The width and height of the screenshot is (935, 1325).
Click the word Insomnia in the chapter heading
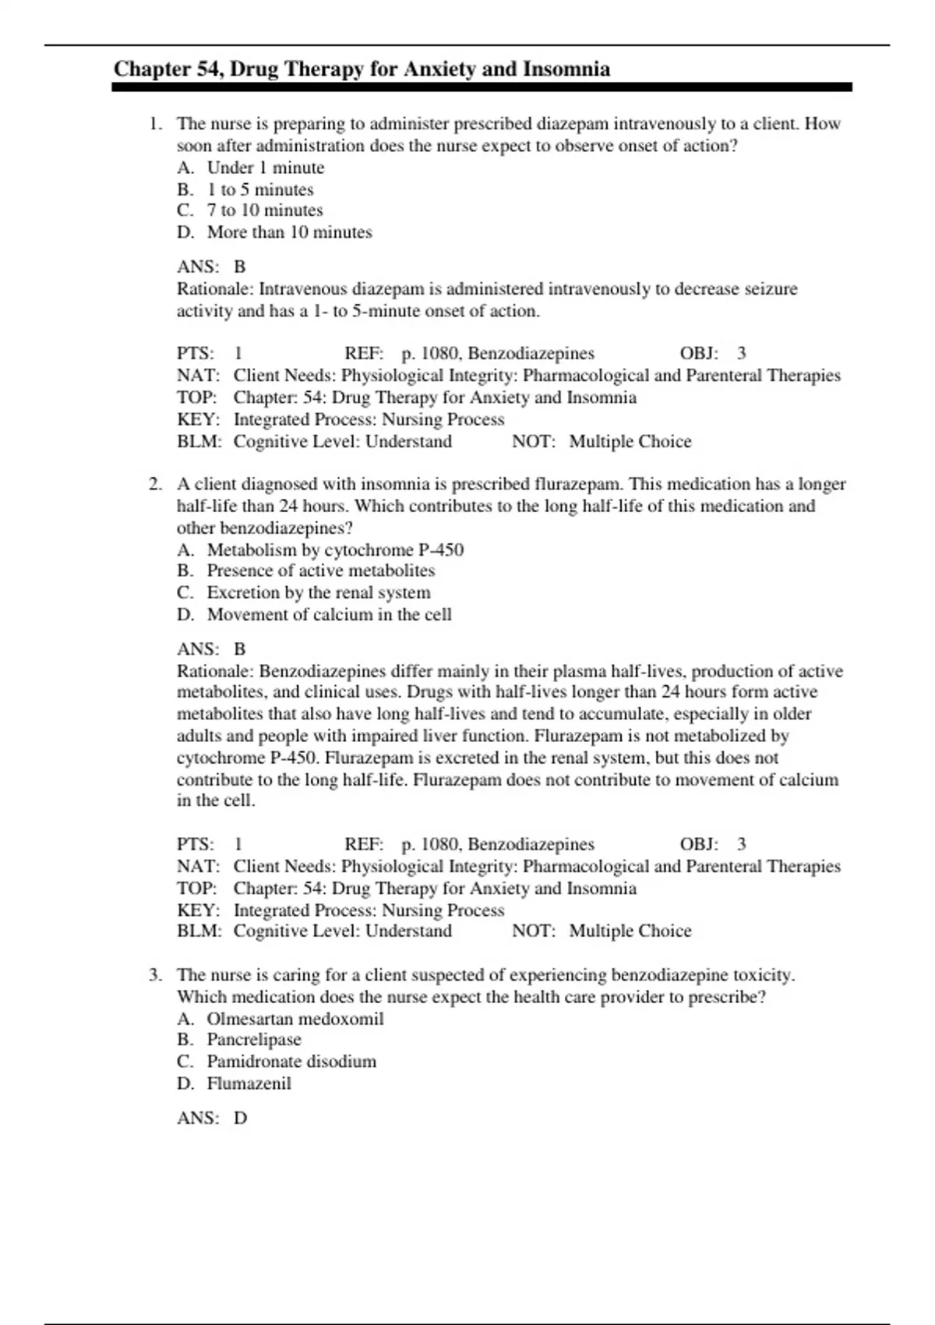click(566, 69)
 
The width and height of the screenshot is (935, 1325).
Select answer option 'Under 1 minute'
click(265, 168)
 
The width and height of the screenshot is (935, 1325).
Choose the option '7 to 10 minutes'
click(264, 210)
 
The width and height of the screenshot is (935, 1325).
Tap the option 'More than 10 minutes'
click(289, 232)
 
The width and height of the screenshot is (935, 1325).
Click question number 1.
click(155, 124)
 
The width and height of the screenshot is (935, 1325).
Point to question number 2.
click(155, 484)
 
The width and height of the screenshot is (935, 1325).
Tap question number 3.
click(155, 975)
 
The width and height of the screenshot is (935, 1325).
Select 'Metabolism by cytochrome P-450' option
click(335, 550)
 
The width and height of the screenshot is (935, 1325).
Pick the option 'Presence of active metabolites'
click(320, 571)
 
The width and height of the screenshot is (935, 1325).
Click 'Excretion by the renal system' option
click(318, 593)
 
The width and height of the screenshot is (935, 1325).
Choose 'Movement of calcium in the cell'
click(329, 615)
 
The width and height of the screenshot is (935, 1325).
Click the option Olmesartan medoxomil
click(295, 1019)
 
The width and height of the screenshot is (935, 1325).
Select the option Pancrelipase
click(253, 1040)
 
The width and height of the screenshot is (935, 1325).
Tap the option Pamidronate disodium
click(291, 1062)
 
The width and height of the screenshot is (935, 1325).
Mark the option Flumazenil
click(249, 1083)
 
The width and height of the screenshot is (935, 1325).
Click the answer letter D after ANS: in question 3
click(240, 1118)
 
